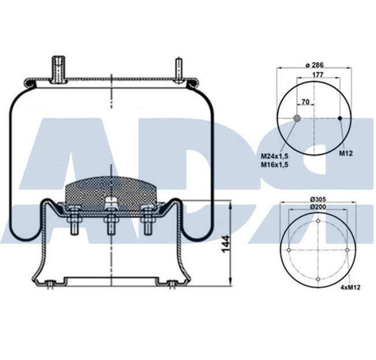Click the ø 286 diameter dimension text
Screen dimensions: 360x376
pyautogui.click(x=314, y=65)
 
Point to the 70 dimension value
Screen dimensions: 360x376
pyautogui.click(x=305, y=103)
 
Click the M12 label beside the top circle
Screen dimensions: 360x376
pyautogui.click(x=345, y=153)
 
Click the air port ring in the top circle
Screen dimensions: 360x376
pyautogui.click(x=297, y=118)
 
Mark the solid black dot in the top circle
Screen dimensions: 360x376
pyautogui.click(x=340, y=118)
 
